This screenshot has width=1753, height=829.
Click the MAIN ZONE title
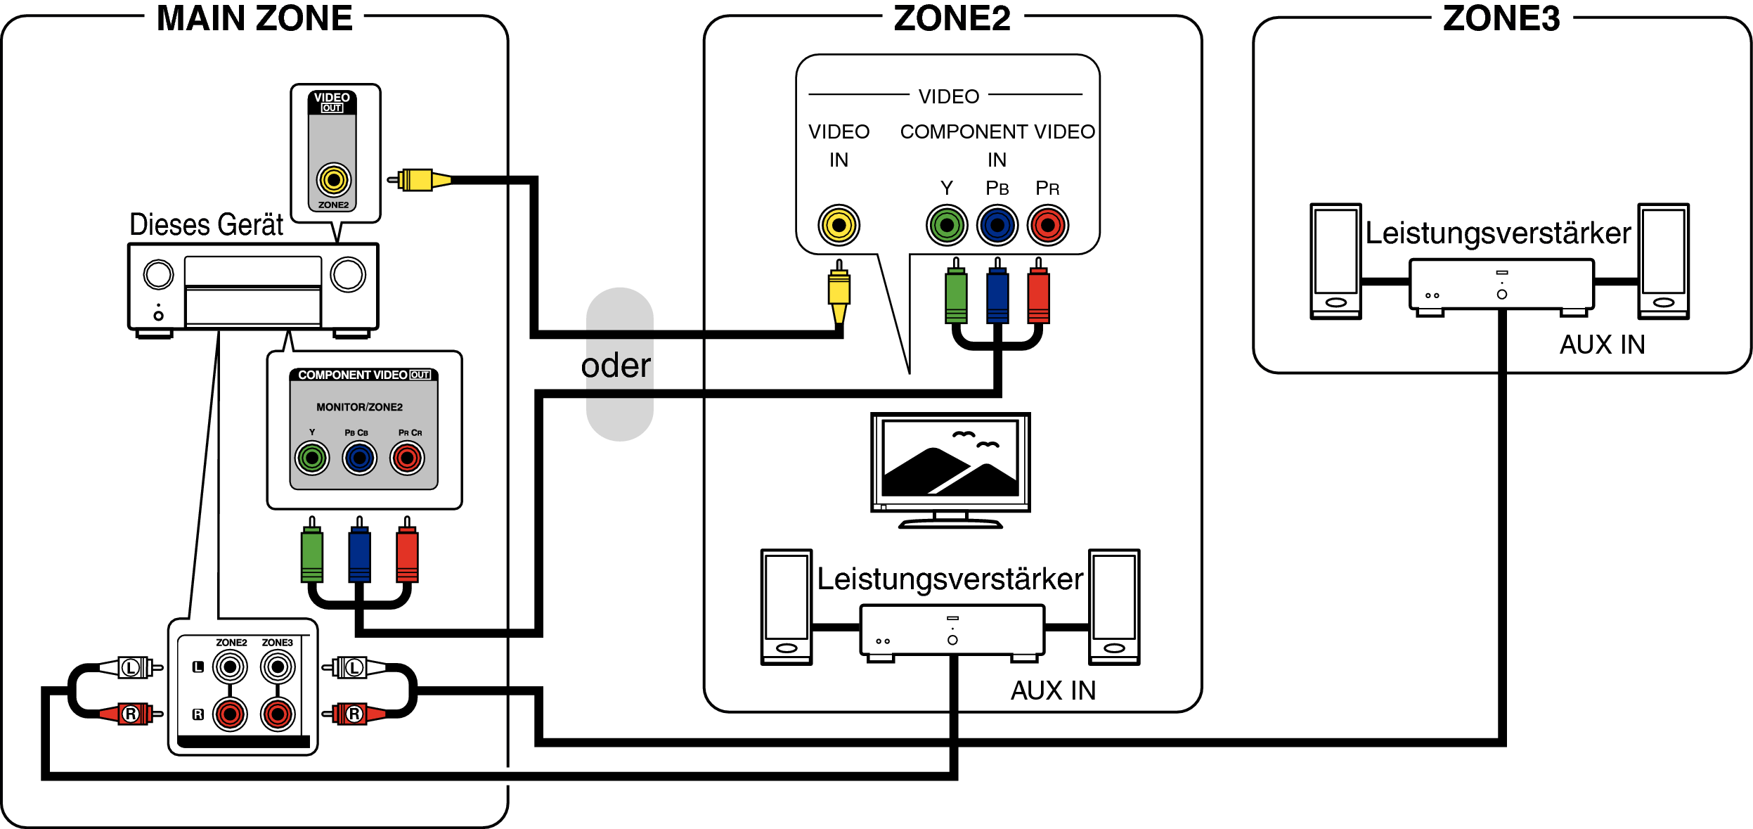coord(254,19)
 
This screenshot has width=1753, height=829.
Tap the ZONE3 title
coord(1501,19)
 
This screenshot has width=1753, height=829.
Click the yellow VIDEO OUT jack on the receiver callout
coord(333,180)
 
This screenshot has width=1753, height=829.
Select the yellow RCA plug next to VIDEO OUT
coord(419,180)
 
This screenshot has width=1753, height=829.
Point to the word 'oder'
coord(616,366)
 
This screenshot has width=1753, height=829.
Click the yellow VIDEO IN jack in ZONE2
coord(839,226)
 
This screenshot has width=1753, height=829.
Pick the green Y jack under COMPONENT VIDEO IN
coord(947,226)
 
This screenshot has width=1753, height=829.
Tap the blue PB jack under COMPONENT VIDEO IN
coord(997,226)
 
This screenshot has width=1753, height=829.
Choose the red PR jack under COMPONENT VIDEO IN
coord(1048,226)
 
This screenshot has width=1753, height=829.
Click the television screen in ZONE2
coord(950,458)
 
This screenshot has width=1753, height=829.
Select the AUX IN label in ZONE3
coord(1602,345)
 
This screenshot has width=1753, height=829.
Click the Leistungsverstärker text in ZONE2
coord(950,579)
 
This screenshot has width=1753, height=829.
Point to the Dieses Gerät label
coord(207,225)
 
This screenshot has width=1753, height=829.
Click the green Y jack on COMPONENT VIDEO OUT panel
coord(312,458)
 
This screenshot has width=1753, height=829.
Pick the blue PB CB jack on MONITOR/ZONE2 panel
coord(359,458)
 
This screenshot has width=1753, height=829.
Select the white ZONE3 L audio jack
coord(278,667)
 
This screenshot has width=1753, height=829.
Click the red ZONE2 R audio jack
coord(230,714)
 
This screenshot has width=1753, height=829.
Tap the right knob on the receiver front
coord(348,274)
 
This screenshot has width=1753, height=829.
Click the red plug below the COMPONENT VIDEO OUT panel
coord(407,555)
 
